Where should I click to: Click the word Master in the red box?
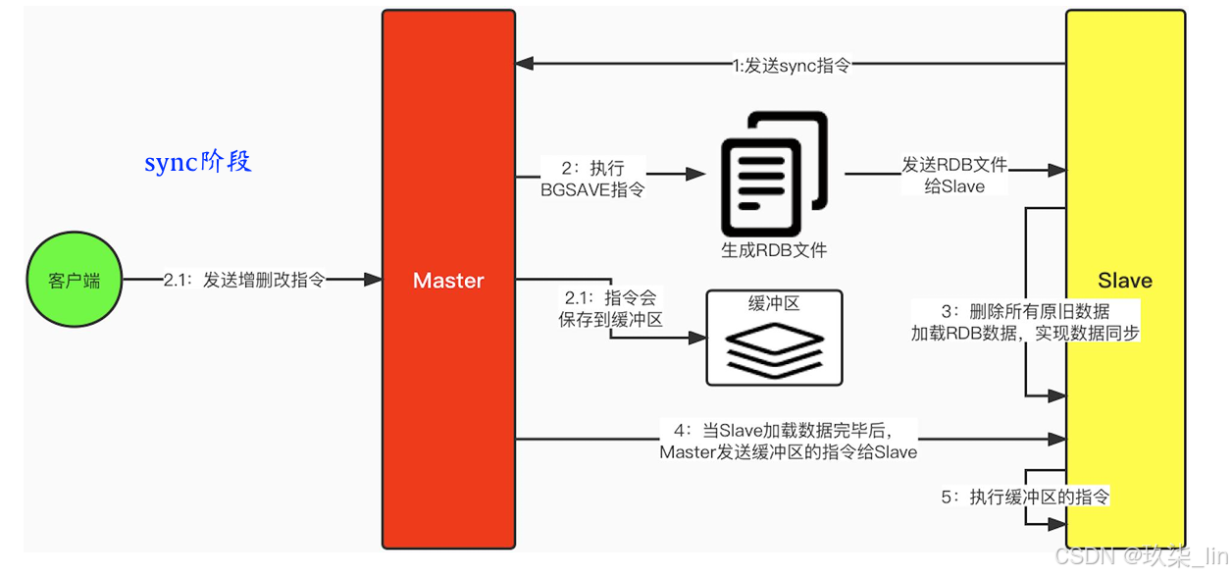[x=448, y=281]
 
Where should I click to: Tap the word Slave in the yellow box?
[x=1124, y=281]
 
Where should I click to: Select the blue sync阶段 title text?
[x=198, y=162]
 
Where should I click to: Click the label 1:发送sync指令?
[x=791, y=66]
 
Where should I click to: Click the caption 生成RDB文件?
[x=774, y=250]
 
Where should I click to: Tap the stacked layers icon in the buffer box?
[x=774, y=348]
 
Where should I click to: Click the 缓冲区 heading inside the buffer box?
[x=774, y=304]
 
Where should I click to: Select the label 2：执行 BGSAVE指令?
[x=592, y=178]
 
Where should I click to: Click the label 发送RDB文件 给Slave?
[x=954, y=175]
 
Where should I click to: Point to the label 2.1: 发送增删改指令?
[x=243, y=281]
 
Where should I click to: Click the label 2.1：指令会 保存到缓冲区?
[x=614, y=308]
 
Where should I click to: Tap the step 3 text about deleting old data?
[x=1025, y=322]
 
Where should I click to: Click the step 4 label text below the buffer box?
[x=788, y=441]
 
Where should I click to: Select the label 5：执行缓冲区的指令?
[x=1025, y=498]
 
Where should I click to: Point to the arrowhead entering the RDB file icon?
[x=698, y=174]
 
